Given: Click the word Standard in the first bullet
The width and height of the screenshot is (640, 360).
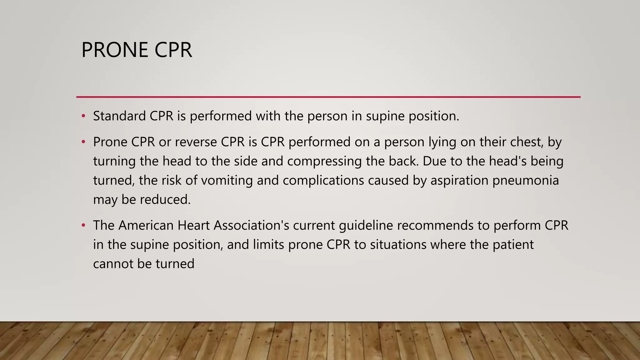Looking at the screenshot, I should (119, 116).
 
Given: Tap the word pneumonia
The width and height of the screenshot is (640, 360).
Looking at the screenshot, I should (526, 181).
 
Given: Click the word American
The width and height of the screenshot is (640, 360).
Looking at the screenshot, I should (146, 225).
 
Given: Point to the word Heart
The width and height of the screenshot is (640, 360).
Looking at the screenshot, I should (193, 225).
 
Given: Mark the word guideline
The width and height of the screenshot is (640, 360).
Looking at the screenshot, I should (366, 225).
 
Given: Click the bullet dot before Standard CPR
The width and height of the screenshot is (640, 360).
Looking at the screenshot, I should (83, 116).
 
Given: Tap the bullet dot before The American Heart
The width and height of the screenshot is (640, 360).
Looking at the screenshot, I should (83, 225).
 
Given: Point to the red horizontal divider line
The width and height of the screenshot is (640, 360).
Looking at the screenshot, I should (328, 97).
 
